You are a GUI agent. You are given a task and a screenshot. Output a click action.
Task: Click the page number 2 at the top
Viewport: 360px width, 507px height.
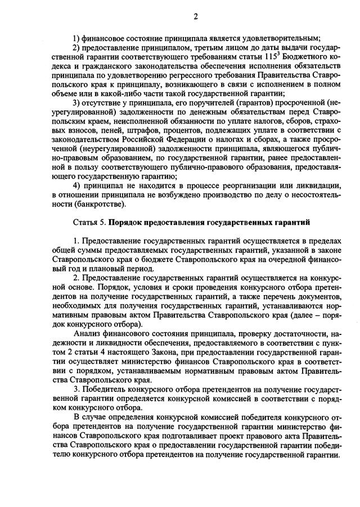[195, 17]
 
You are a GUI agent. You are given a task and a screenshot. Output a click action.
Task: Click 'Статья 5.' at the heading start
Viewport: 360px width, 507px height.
[90, 223]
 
